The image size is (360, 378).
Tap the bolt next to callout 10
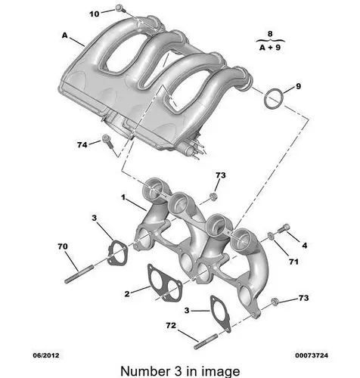click(121, 8)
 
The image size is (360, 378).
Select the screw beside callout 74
click(107, 141)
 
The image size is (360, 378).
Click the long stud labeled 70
click(79, 274)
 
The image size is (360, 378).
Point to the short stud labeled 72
click(206, 341)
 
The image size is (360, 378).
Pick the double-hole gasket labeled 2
click(165, 283)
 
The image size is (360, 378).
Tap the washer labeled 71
click(271, 236)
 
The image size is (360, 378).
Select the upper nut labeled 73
click(213, 197)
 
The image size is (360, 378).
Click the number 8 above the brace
click(270, 33)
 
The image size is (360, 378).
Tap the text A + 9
click(270, 47)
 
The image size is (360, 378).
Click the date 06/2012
click(46, 355)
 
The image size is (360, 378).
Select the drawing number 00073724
click(312, 355)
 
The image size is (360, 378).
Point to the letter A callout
click(65, 36)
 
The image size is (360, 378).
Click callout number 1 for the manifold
click(123, 197)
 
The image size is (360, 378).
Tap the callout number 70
click(63, 246)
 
